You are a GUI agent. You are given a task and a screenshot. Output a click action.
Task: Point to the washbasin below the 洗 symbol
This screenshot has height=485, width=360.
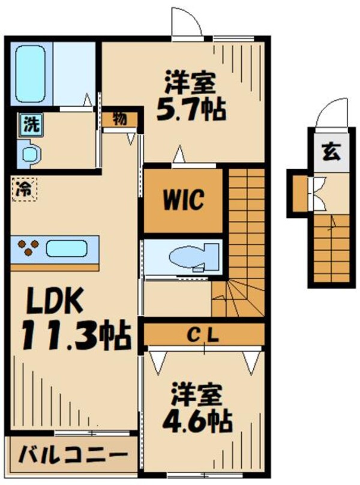[x=30, y=154]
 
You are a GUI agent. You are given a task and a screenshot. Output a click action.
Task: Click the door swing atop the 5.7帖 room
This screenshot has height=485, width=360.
[x=185, y=26]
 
